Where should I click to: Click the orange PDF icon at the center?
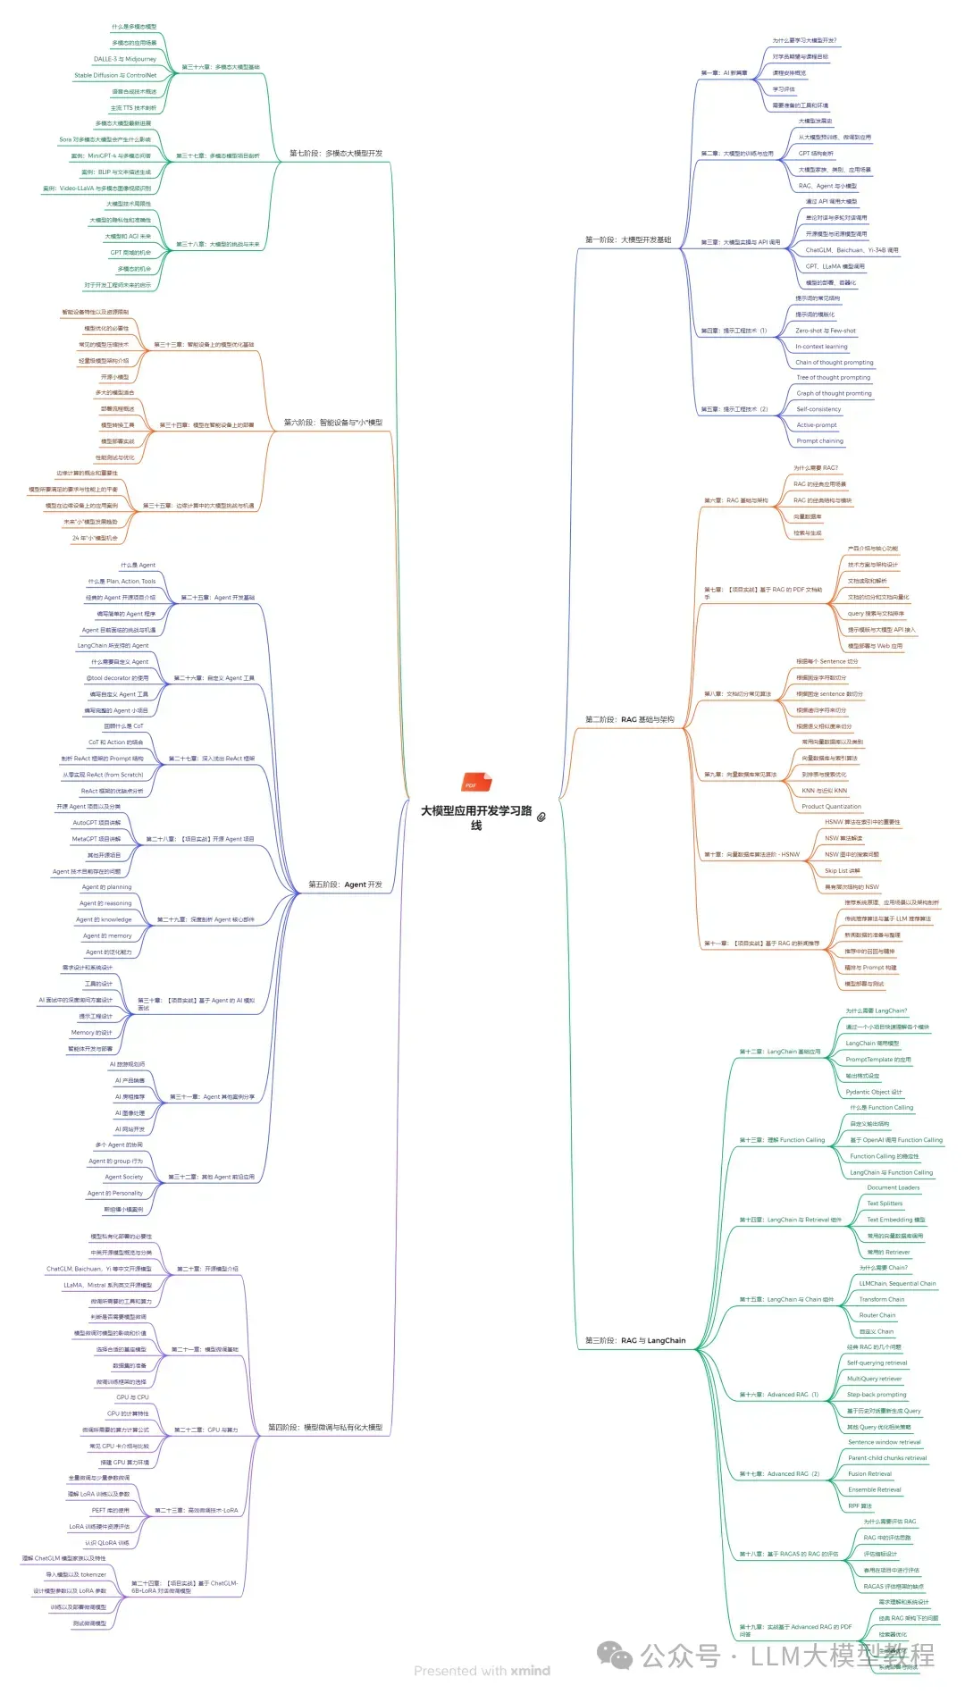475,784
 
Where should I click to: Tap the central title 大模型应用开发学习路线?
476,817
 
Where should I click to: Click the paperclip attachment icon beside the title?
541,816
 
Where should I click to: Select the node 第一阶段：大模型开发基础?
627,239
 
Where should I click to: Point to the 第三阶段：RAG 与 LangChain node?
635,1340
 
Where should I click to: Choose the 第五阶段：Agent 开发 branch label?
345,885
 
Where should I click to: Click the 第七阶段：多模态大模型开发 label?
335,154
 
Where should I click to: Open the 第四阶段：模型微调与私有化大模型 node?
325,1428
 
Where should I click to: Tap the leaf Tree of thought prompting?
833,377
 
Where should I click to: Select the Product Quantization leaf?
831,807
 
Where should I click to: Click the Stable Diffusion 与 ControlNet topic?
115,75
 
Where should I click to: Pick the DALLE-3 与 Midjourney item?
125,59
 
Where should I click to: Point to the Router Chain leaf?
877,1315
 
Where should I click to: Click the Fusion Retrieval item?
869,1473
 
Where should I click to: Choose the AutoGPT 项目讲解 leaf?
96,823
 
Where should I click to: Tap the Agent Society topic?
123,1177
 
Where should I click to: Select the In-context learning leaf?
821,347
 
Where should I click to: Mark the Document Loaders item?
893,1187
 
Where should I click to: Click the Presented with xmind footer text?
482,1671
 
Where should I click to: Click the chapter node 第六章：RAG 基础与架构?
735,500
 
